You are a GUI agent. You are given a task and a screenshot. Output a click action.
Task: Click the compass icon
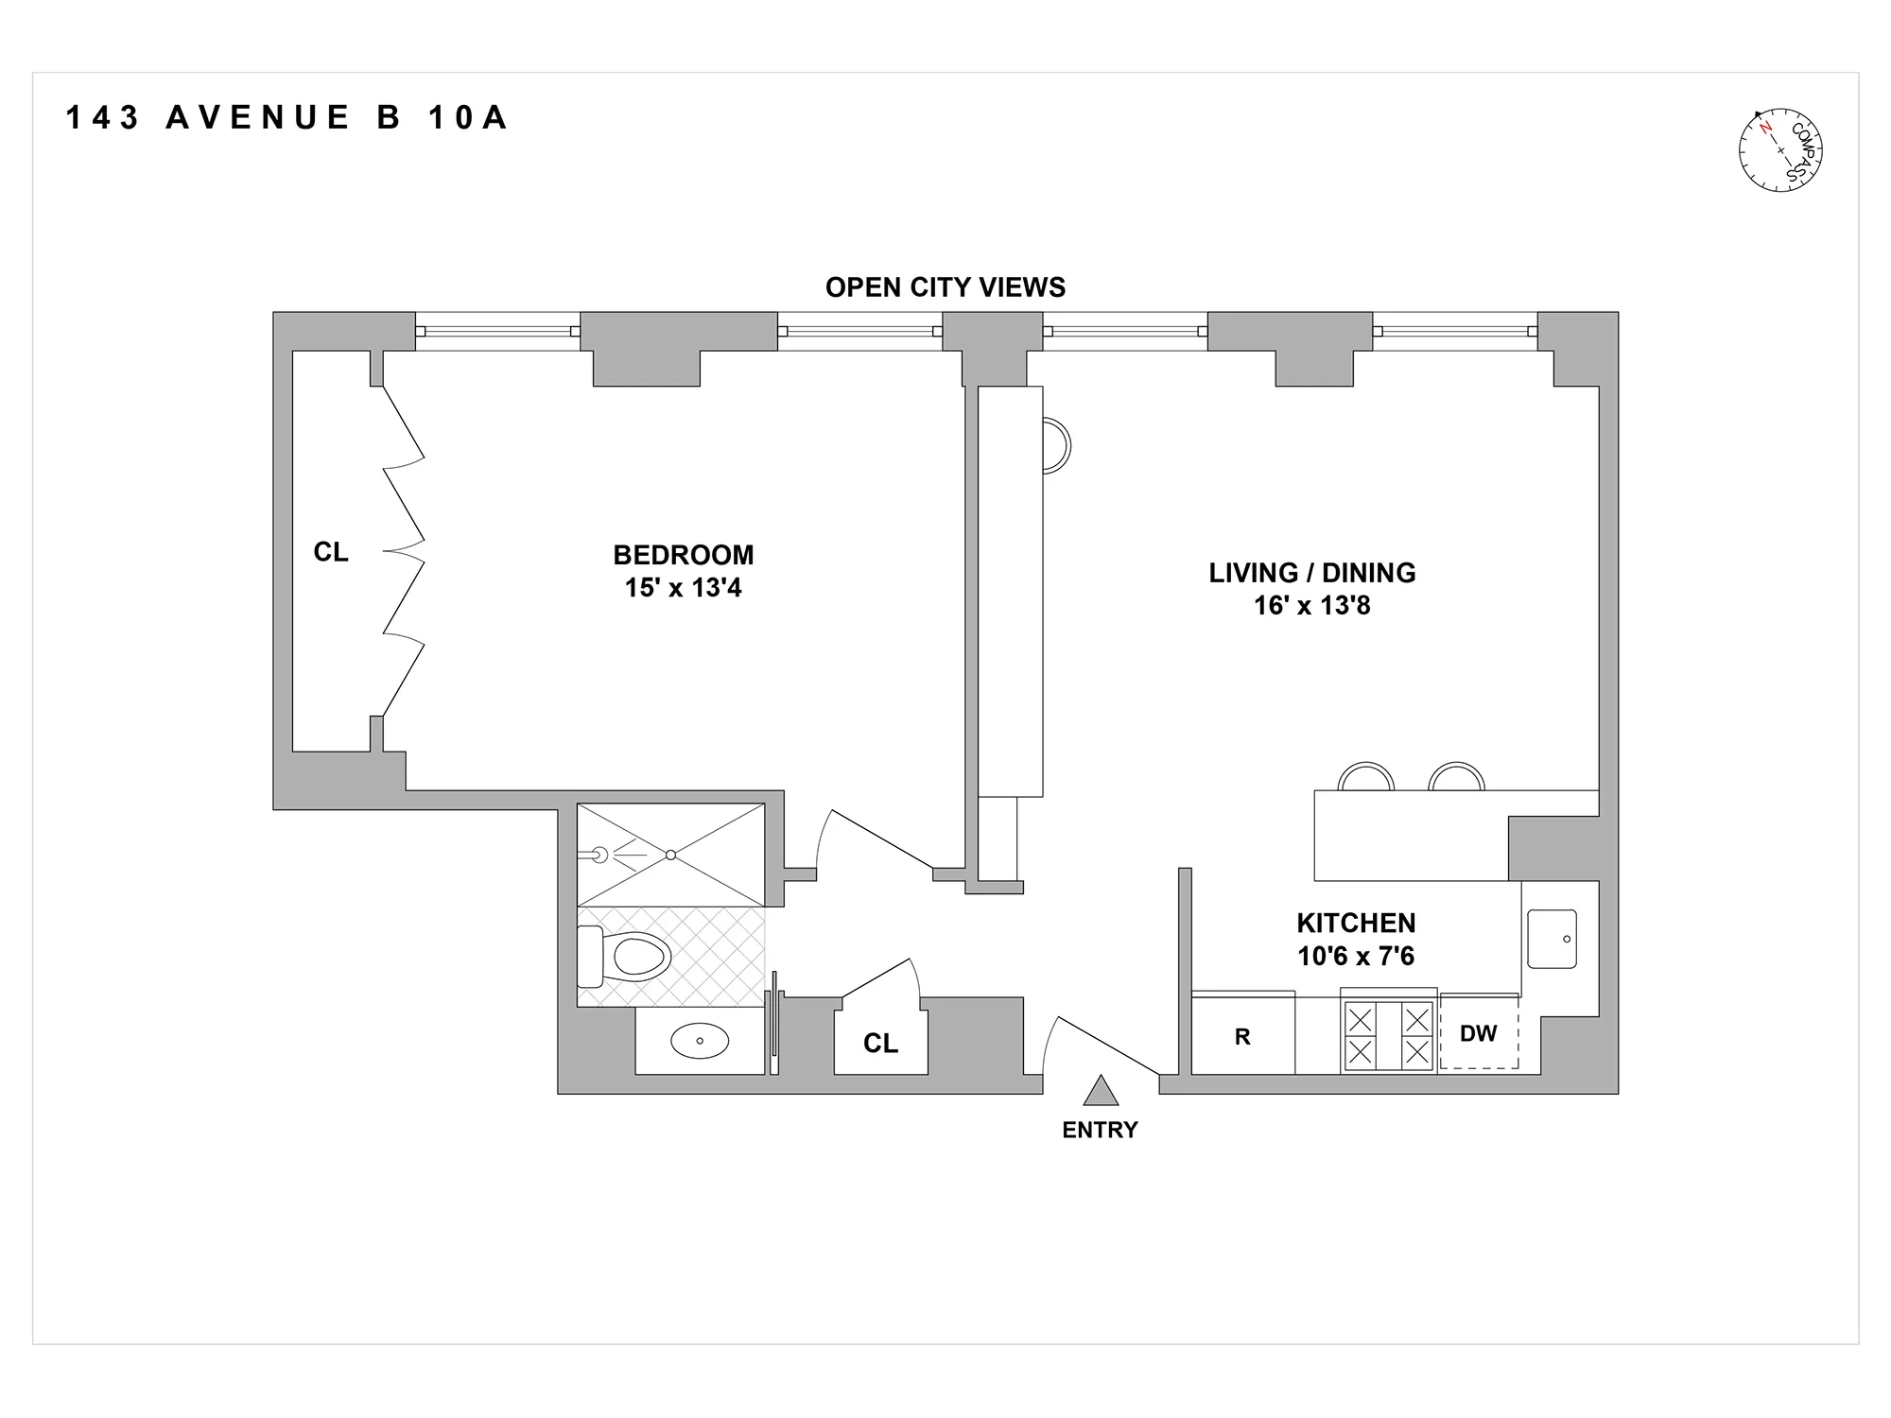pyautogui.click(x=1780, y=150)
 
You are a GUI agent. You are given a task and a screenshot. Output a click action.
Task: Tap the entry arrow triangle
pyautogui.click(x=1101, y=1092)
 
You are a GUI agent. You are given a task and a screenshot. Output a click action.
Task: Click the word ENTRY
pyautogui.click(x=1100, y=1130)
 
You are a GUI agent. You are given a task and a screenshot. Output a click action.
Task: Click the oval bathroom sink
pyautogui.click(x=700, y=1041)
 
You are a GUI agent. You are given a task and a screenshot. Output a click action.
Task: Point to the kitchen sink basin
pyautogui.click(x=1552, y=939)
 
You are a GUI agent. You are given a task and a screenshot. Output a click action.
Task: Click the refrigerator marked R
pyautogui.click(x=1242, y=1037)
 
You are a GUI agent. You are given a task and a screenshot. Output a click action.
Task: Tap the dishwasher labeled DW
pyautogui.click(x=1478, y=1033)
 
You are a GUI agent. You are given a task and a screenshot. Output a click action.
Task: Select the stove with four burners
pyautogui.click(x=1388, y=1036)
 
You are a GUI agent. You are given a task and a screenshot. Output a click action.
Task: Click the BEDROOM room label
pyautogui.click(x=683, y=555)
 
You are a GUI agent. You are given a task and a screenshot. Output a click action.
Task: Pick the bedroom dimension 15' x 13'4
pyautogui.click(x=683, y=588)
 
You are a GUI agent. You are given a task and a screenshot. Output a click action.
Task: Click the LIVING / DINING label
pyautogui.click(x=1311, y=573)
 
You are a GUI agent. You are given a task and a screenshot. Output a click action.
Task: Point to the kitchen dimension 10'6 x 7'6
pyautogui.click(x=1355, y=956)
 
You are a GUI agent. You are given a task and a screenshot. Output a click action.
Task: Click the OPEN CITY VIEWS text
pyautogui.click(x=945, y=287)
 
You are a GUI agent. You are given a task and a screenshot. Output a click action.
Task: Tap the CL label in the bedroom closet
pyautogui.click(x=331, y=552)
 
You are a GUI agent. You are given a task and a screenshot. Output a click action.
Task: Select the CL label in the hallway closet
pyautogui.click(x=880, y=1043)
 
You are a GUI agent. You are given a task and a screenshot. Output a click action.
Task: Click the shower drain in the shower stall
pyautogui.click(x=670, y=855)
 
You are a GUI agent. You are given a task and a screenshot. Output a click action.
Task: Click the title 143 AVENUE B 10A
pyautogui.click(x=287, y=118)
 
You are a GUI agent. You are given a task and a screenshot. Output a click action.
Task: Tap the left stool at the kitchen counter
pyautogui.click(x=1366, y=777)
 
